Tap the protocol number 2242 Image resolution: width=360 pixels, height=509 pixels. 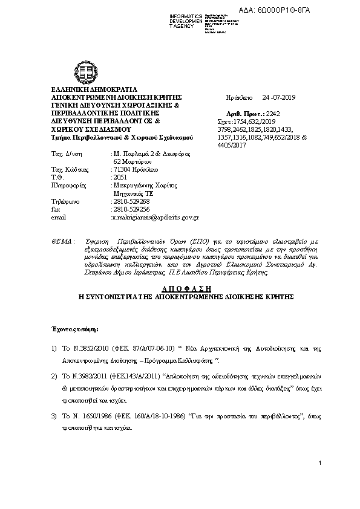274,113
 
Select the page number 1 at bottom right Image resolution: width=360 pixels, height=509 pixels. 319,462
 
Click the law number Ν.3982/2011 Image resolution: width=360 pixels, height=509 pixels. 91,375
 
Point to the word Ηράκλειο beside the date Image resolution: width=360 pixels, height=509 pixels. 237,97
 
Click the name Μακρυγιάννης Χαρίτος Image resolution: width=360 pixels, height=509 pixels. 140,185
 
